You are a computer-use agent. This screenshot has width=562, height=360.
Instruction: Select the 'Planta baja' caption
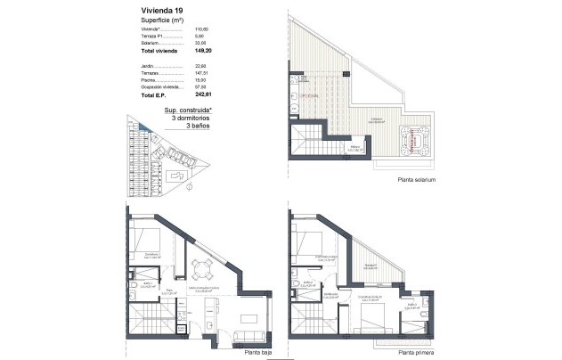[258, 352]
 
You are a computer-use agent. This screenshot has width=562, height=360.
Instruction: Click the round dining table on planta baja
[200, 267]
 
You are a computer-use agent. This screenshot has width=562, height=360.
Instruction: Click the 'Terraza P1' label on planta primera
[371, 265]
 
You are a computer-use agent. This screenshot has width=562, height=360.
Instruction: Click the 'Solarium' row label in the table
[150, 40]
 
